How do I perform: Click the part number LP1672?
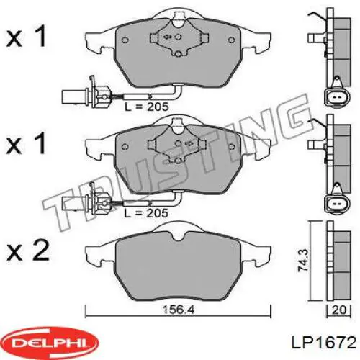pos(320,341)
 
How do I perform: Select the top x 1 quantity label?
pos(26,37)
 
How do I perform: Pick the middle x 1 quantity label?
pos(26,145)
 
